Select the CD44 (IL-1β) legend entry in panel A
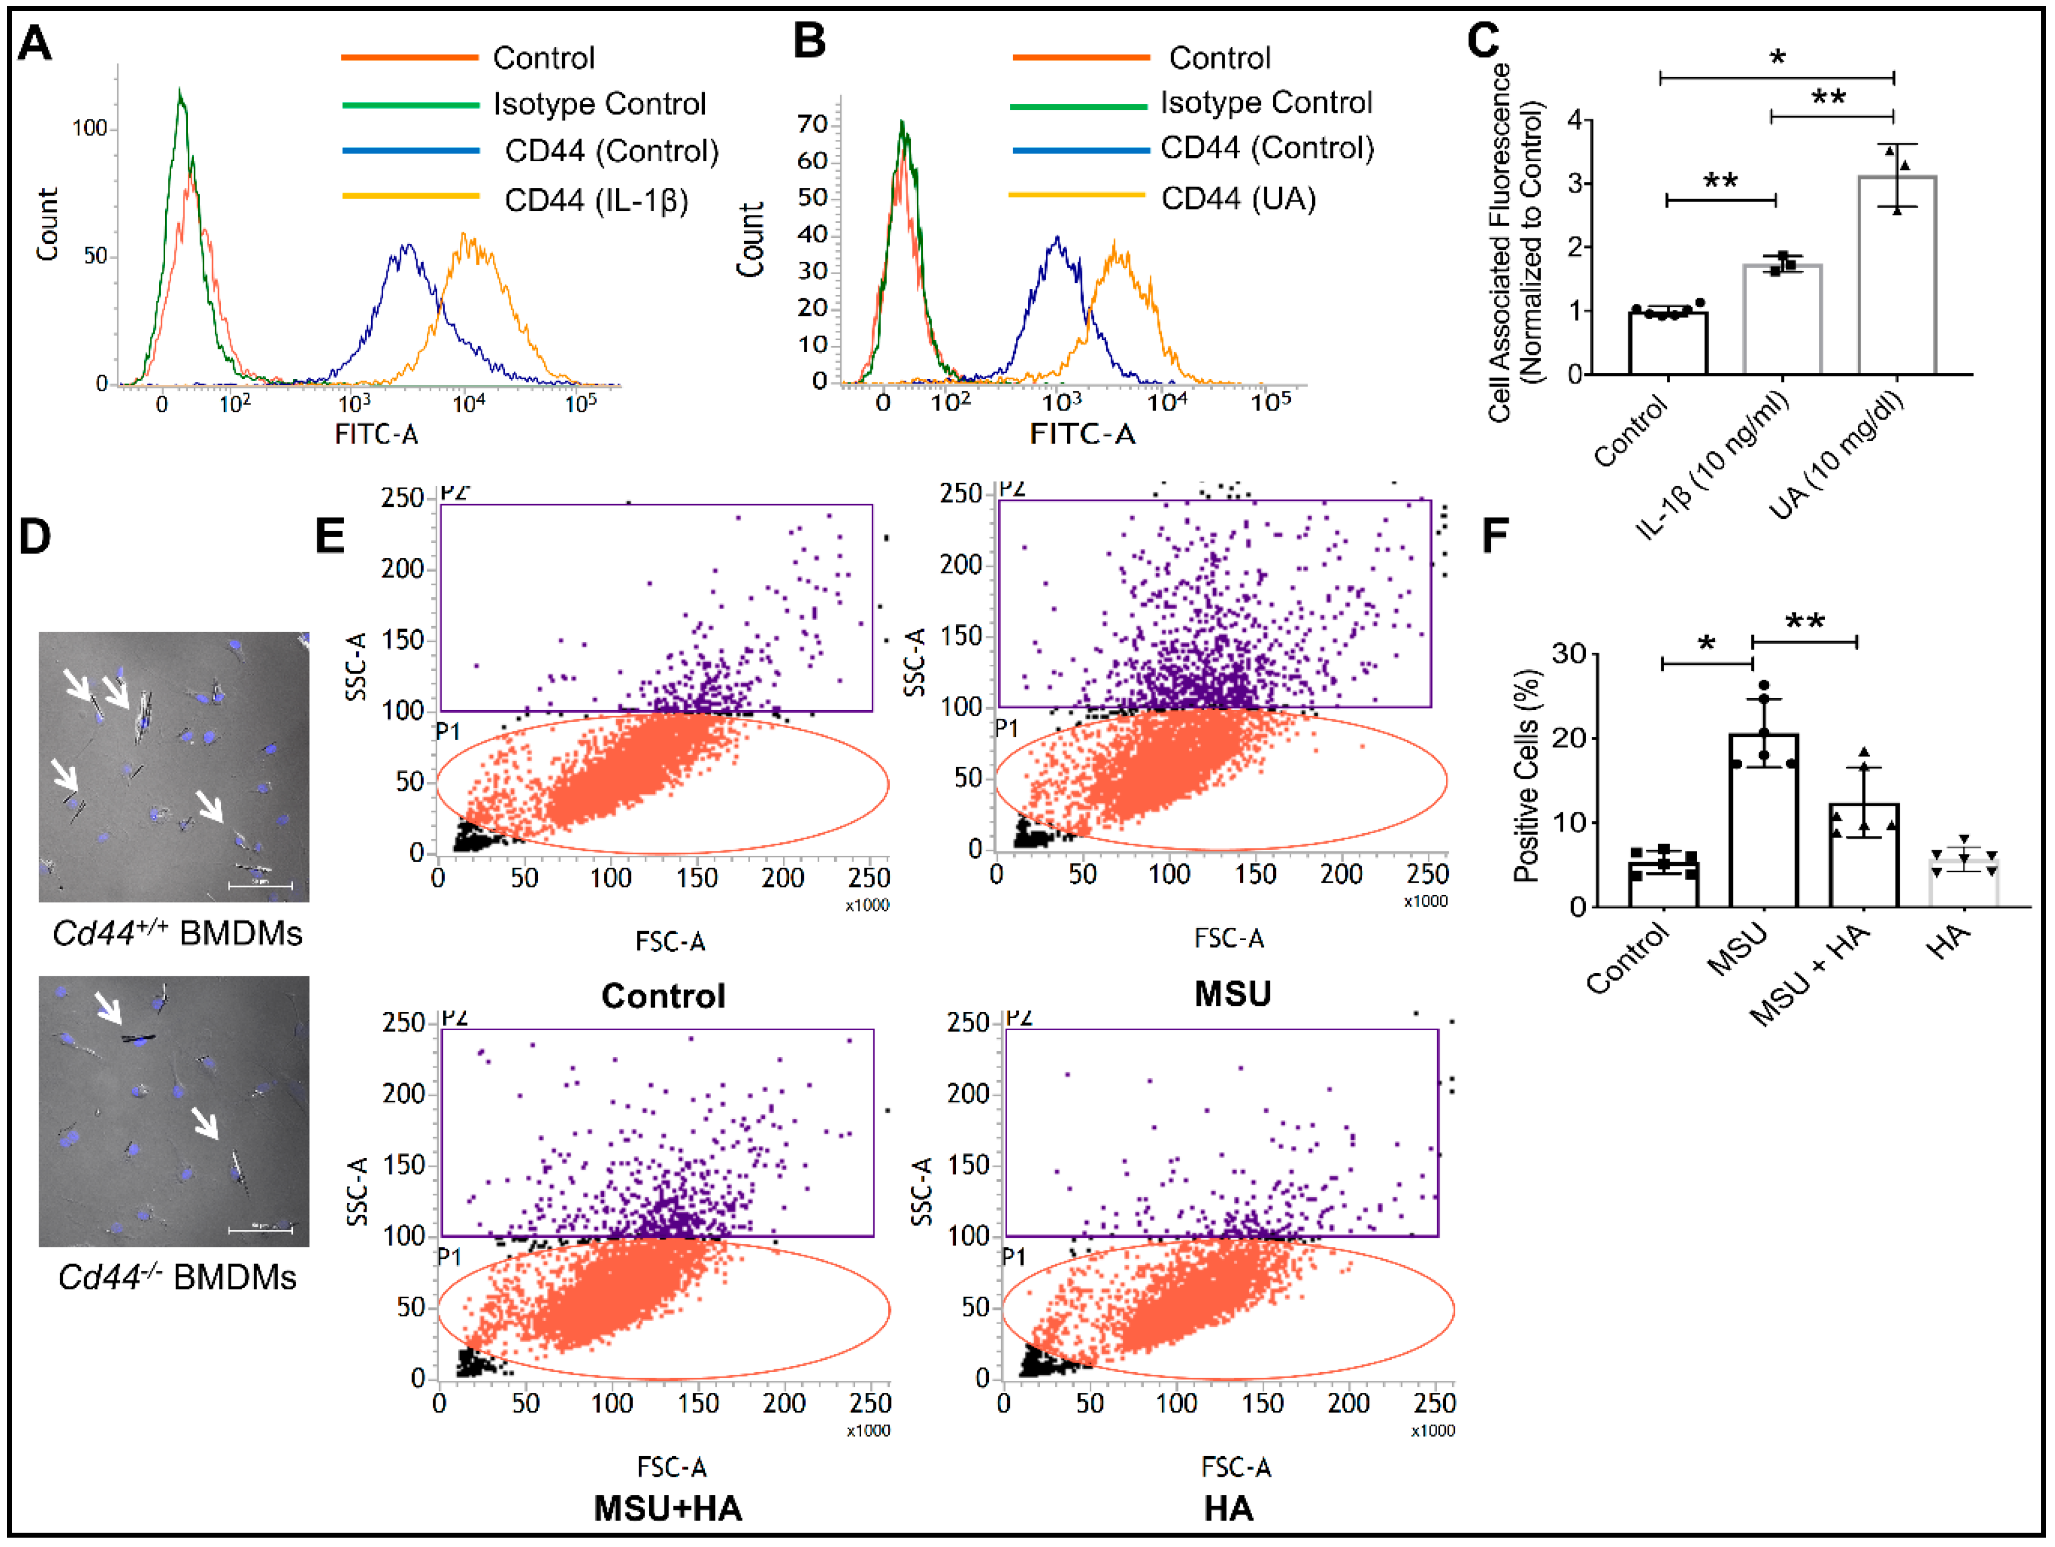(595, 200)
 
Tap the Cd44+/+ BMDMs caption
(177, 933)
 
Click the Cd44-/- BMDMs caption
(177, 1278)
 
